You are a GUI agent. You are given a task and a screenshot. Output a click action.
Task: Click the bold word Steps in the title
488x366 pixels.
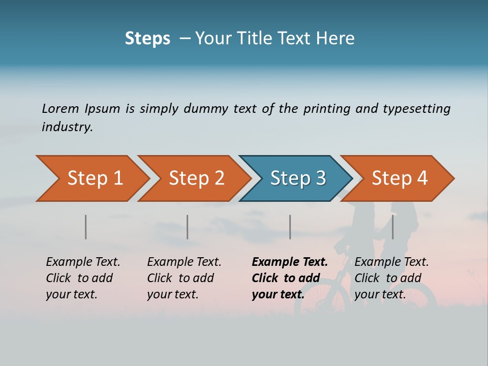(147, 39)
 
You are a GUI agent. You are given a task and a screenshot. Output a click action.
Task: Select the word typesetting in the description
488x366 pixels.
(416, 109)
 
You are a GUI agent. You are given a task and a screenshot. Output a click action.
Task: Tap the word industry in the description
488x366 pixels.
(67, 127)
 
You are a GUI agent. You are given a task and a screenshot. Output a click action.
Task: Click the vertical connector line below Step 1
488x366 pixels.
(86, 227)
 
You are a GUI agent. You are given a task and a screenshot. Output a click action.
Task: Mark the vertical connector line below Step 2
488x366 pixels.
(188, 227)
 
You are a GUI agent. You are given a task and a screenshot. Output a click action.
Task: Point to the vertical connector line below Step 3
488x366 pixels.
(290, 227)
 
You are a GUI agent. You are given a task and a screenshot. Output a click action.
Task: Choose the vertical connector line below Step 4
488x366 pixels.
(392, 227)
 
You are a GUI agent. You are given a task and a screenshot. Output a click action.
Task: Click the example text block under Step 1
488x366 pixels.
(83, 278)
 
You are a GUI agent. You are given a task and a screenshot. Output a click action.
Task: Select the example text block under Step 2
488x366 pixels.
(184, 278)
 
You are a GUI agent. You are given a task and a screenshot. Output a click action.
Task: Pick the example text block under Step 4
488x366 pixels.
(391, 278)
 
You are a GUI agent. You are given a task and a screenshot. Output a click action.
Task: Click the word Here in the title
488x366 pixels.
(338, 39)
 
